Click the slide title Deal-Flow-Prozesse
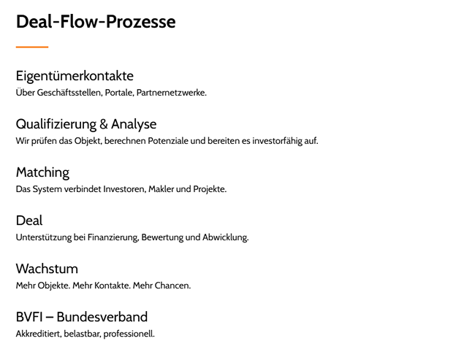tap(96, 22)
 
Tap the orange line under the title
tap(32, 47)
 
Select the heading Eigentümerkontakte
tap(75, 76)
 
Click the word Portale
tap(118, 93)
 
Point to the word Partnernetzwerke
tap(171, 93)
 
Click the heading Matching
tap(42, 173)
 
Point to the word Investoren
tap(122, 189)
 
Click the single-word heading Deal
tap(29, 221)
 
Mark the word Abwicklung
tap(226, 237)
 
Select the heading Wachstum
tap(47, 269)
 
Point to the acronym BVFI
tap(32, 317)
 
